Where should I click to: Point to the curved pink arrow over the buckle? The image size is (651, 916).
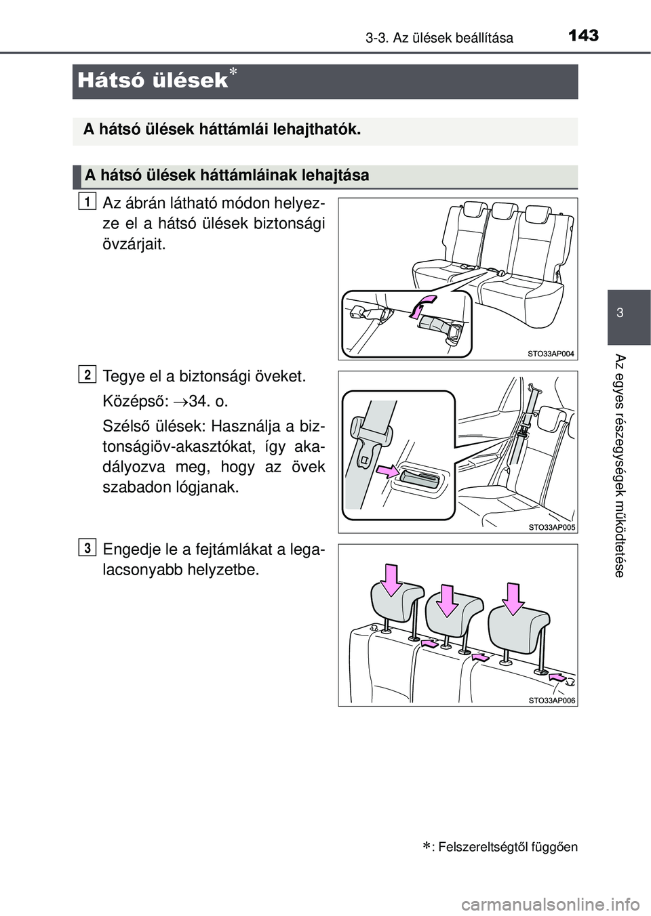[422, 304]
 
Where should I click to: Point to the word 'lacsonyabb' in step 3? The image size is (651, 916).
[144, 570]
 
